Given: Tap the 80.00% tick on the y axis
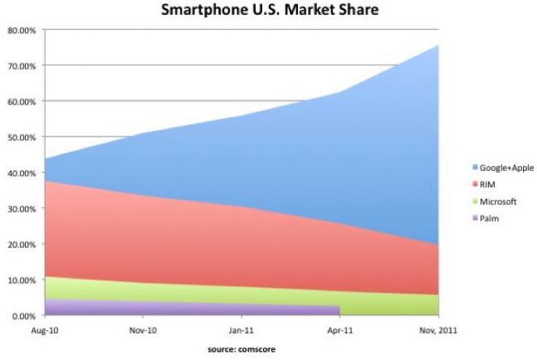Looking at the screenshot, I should point(22,30).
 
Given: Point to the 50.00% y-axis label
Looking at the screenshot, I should point(22,137).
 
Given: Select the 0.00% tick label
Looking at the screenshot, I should point(25,316).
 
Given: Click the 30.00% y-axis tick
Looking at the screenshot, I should point(22,208).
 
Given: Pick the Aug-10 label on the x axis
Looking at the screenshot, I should point(45,329).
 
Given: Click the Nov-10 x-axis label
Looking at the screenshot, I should point(143,329).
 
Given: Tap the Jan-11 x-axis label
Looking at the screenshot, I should point(242,329).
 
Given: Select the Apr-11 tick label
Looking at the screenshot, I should point(340,329).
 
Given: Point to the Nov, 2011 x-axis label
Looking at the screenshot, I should point(437,329).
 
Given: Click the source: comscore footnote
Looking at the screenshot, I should point(242,349).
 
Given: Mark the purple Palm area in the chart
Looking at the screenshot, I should point(166,309).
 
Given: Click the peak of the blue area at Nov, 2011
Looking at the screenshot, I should point(438,46).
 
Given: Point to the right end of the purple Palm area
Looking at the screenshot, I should point(339,310).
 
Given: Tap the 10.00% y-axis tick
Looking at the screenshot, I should point(22,280).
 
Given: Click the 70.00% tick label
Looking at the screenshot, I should point(22,66).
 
